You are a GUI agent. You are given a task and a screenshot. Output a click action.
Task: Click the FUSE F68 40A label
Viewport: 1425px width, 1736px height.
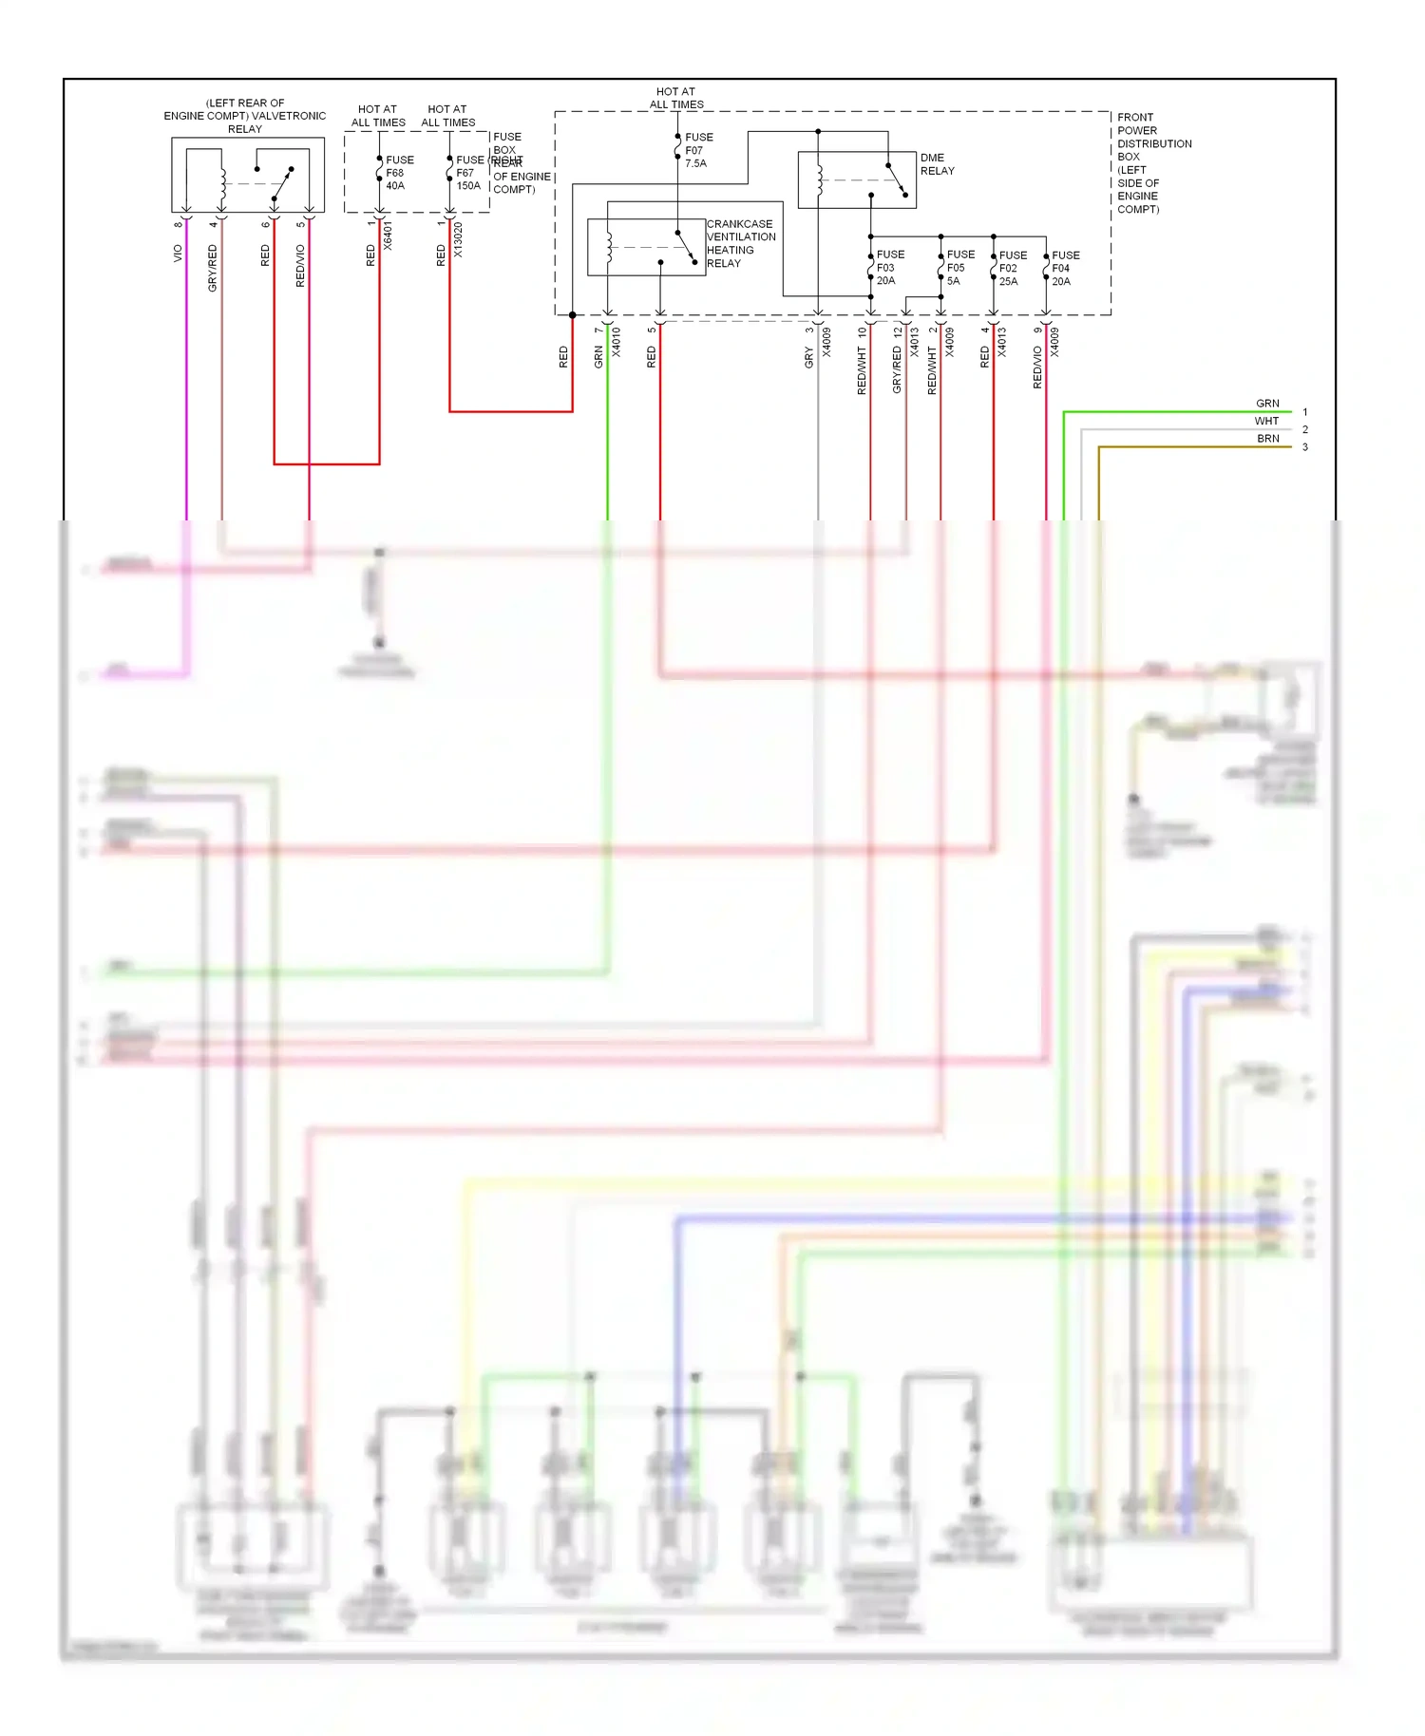point(399,173)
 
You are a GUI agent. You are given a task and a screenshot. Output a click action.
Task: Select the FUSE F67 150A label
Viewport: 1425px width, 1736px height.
point(469,173)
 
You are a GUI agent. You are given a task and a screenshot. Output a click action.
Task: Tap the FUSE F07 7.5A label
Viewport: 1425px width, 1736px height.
point(698,150)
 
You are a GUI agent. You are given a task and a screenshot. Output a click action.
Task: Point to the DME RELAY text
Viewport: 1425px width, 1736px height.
point(937,164)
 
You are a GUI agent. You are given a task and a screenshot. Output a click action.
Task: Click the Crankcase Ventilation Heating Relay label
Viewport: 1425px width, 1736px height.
point(740,244)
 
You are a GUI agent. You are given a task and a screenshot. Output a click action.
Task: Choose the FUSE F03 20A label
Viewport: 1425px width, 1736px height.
point(889,268)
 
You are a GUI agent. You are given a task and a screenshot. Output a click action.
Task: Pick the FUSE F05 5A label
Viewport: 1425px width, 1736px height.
point(959,268)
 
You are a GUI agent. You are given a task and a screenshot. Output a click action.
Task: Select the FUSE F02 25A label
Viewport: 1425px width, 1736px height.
point(1012,269)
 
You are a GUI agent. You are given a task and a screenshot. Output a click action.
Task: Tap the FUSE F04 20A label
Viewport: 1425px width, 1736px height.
point(1065,269)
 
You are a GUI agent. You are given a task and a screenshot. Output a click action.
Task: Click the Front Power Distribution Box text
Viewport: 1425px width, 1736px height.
point(1152,163)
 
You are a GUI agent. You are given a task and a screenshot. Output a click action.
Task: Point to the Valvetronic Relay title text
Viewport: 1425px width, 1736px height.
point(244,116)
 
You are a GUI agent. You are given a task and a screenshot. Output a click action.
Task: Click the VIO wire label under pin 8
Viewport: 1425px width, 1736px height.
point(178,254)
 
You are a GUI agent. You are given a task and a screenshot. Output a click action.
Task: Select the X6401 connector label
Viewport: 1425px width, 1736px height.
point(388,236)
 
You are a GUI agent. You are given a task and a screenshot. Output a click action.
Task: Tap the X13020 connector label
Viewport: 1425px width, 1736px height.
point(458,240)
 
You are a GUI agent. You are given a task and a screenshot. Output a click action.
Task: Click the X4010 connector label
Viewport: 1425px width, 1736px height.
point(616,342)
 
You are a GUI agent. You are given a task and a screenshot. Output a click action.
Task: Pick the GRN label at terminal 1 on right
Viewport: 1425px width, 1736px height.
point(1267,404)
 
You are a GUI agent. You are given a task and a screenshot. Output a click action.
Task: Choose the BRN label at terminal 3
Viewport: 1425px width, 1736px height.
point(1267,439)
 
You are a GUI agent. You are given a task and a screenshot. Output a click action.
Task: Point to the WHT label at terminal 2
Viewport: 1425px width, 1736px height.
point(1266,422)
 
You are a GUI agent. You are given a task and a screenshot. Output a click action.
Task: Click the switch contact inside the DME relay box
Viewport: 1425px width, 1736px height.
point(896,179)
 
